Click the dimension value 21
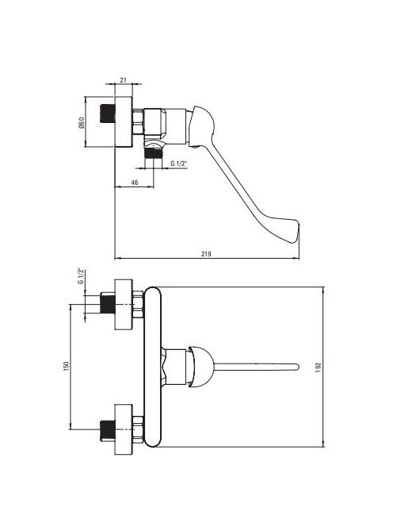(x=123, y=79)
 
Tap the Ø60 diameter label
(x=82, y=122)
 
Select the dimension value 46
(x=135, y=183)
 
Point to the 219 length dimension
(x=206, y=254)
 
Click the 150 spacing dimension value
(x=66, y=366)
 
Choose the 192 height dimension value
(x=319, y=367)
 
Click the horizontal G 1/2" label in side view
(x=179, y=163)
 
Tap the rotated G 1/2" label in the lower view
(x=81, y=276)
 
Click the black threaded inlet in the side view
(x=108, y=113)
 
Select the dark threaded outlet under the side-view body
(x=154, y=154)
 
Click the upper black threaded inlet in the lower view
(x=108, y=303)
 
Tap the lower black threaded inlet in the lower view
(x=108, y=430)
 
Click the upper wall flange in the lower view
(x=124, y=305)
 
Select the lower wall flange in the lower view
(x=124, y=429)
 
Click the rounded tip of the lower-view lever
(x=296, y=367)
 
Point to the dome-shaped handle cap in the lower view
(x=200, y=367)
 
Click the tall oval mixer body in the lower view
(x=152, y=367)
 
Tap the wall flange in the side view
(x=124, y=121)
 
